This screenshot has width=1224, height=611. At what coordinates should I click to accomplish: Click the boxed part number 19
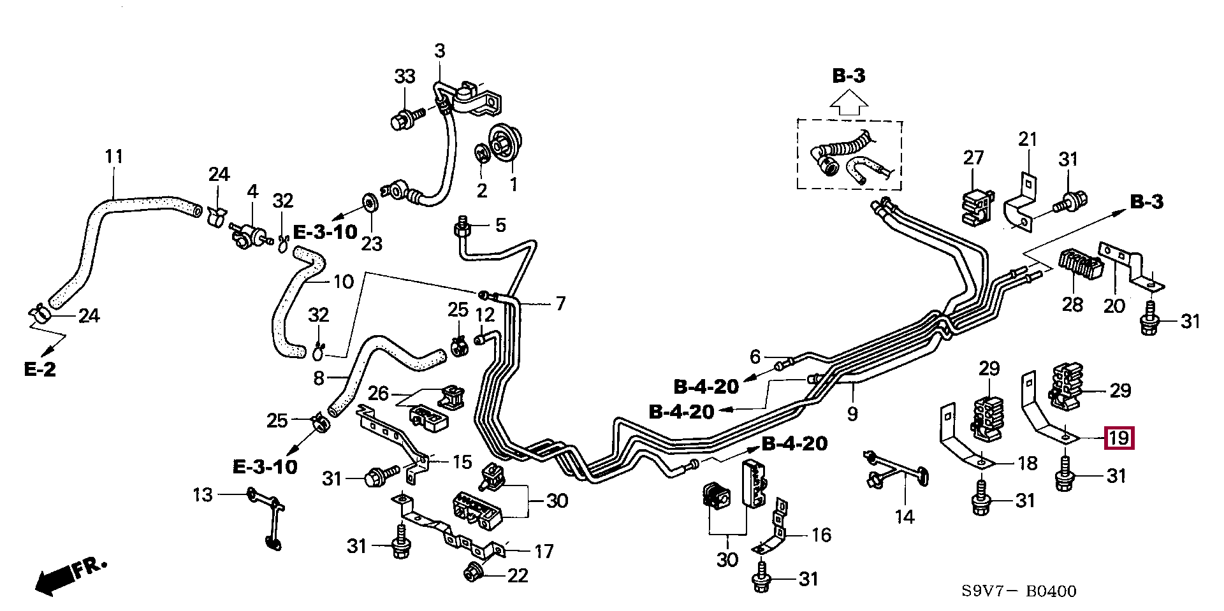pos(1119,438)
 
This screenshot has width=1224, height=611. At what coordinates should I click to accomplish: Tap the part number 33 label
pos(405,76)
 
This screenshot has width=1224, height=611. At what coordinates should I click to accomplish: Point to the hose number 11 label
pos(113,157)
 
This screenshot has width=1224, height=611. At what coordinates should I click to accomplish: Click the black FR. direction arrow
pos(54,580)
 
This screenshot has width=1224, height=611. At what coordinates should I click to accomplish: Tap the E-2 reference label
pos(40,369)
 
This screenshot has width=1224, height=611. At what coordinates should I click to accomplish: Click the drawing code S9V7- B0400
pos(1019,591)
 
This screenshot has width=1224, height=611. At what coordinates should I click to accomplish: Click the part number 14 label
pos(904,517)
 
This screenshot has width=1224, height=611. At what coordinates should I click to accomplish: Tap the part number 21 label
pos(1028,139)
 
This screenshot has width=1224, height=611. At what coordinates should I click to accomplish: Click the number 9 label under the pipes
pos(852,413)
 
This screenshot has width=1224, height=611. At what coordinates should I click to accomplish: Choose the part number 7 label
pos(560,303)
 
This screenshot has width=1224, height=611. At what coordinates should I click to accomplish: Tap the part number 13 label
pos(203,494)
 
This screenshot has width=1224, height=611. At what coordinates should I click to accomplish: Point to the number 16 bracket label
pos(821,535)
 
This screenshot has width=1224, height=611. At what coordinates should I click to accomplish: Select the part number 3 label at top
pos(440,51)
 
